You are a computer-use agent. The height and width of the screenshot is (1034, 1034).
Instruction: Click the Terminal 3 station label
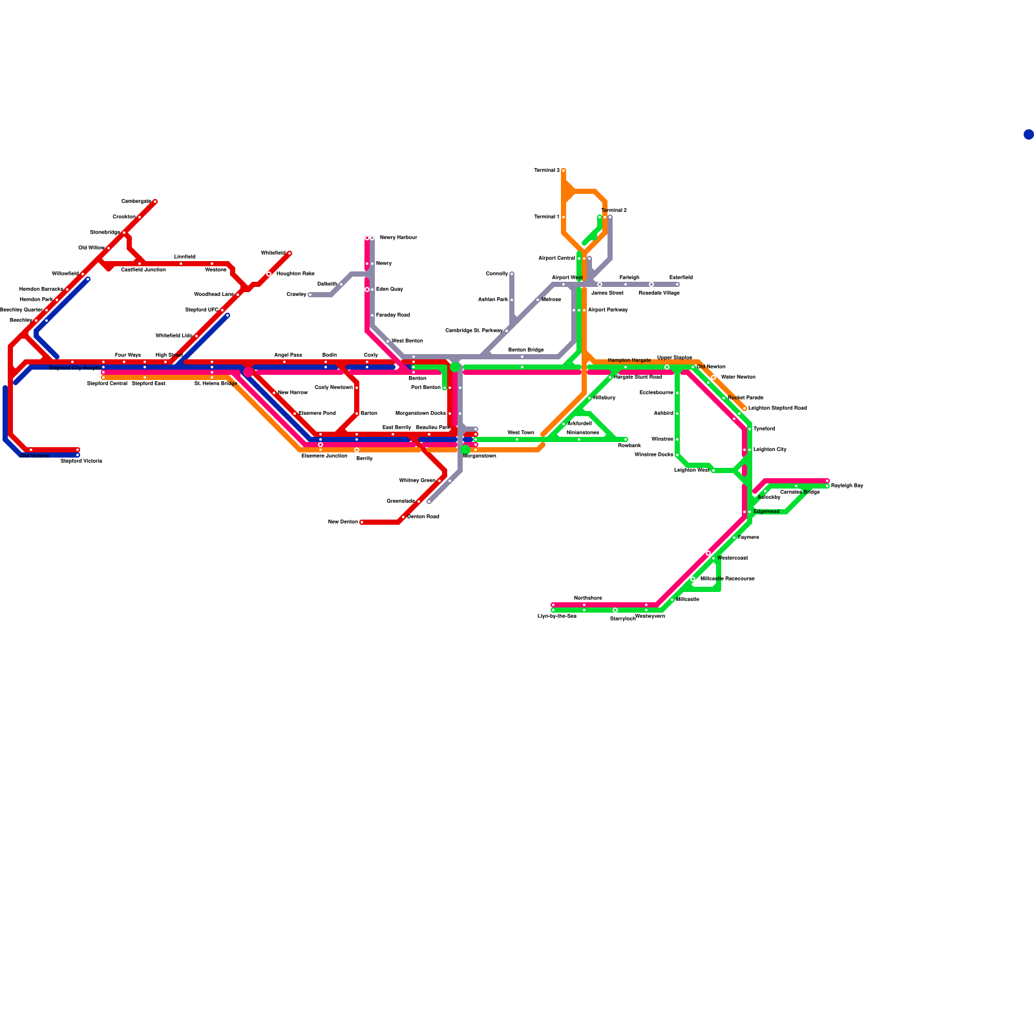(x=546, y=171)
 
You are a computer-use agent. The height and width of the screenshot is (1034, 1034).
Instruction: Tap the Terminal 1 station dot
(x=564, y=217)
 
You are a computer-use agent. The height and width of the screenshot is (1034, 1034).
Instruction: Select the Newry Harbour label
(x=398, y=238)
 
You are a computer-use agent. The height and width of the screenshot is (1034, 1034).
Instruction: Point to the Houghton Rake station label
(x=295, y=274)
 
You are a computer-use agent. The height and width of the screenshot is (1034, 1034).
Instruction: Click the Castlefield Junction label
(x=143, y=269)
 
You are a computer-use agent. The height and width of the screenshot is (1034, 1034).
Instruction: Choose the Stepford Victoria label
(x=81, y=461)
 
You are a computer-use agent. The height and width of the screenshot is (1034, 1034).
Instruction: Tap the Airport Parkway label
(x=607, y=310)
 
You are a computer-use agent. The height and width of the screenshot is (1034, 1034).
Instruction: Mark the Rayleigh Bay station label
(x=847, y=485)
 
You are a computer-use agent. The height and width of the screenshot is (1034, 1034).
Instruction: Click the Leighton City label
(x=770, y=449)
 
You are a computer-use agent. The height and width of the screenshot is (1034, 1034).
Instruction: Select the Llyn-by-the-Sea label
(x=556, y=617)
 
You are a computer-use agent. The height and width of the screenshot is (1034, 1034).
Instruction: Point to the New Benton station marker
(x=362, y=522)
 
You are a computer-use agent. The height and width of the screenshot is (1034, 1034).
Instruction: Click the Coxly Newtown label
(x=333, y=388)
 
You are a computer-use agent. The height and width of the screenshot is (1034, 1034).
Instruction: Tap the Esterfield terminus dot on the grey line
(x=677, y=284)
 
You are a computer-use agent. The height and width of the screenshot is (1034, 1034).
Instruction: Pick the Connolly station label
(x=497, y=274)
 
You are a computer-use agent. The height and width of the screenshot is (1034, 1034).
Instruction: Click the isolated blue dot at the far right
(x=1028, y=134)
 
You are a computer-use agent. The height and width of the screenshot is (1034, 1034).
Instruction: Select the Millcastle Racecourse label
(x=727, y=579)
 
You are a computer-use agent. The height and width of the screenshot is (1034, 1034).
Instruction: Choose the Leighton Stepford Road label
(x=777, y=408)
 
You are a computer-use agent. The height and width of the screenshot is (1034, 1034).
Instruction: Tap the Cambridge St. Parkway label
(x=474, y=331)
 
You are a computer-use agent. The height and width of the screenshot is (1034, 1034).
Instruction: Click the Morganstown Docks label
(x=420, y=414)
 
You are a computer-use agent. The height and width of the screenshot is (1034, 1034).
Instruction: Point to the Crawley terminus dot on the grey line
(x=310, y=295)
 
